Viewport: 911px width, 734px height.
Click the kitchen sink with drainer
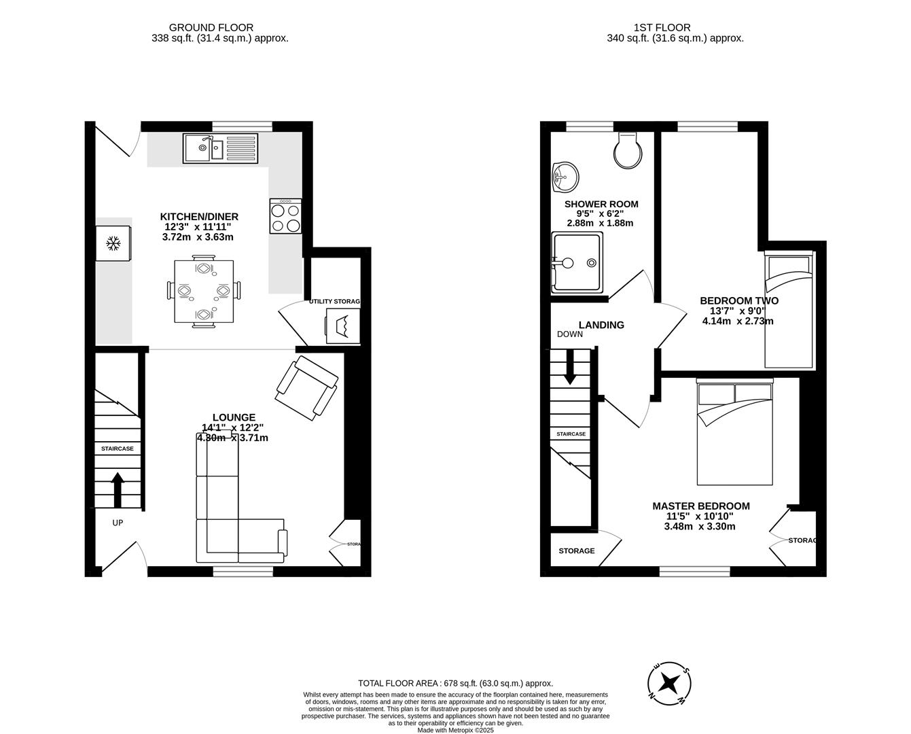pos(220,148)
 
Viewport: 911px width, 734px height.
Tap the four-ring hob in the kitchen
pos(285,216)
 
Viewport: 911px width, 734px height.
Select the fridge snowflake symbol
pos(113,243)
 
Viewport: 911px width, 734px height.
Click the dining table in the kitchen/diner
pos(203,292)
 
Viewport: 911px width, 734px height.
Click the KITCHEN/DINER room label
pos(199,217)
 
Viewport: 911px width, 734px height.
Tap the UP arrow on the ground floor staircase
pos(117,489)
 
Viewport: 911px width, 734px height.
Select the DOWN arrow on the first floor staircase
pos(570,366)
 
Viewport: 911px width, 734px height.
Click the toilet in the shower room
pos(627,150)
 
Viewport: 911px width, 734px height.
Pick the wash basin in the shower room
pos(565,178)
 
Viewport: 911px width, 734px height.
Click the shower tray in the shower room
pos(577,262)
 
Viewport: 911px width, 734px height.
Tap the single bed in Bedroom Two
pos(789,309)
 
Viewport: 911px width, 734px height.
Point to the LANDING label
pos(601,325)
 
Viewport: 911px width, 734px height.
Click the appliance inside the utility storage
pos(342,326)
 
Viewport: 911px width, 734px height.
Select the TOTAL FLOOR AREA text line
pos(455,683)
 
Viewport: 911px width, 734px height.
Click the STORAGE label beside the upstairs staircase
pos(577,550)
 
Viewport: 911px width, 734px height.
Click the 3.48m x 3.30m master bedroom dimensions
pos(700,526)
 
